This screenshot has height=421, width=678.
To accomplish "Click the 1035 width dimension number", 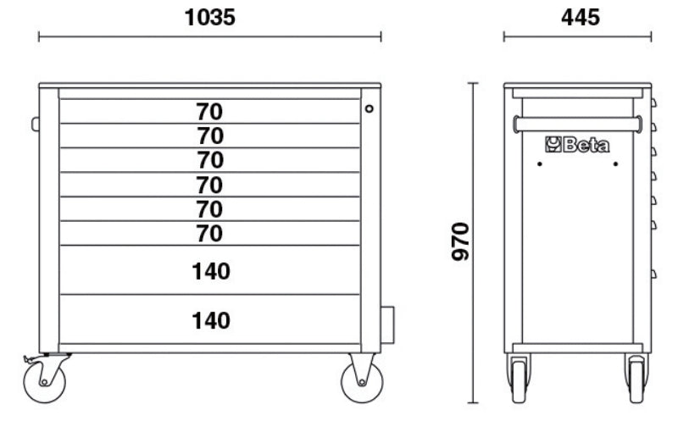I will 210,17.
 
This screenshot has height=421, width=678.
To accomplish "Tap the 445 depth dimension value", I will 577,17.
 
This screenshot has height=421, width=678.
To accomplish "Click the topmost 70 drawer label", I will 209,111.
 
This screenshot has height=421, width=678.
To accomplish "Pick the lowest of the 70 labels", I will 209,233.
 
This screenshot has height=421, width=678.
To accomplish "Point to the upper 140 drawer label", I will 210,271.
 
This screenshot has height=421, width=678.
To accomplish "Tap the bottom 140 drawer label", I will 210,320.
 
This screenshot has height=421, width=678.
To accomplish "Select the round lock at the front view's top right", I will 370,108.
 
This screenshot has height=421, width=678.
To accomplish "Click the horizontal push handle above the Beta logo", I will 577,124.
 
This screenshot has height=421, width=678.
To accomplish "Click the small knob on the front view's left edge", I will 36,125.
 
